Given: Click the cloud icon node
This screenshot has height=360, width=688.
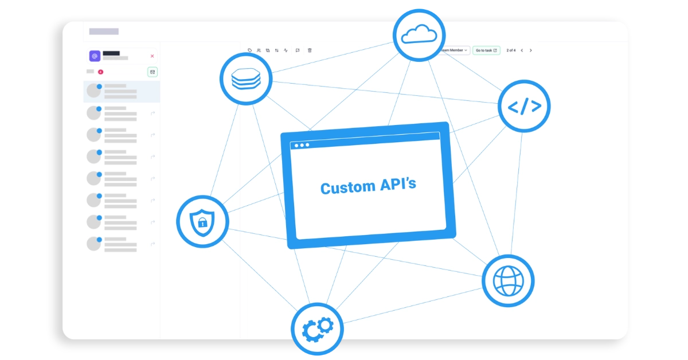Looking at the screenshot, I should point(418,35).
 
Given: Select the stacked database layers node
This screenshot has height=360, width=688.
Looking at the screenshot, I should point(246,79).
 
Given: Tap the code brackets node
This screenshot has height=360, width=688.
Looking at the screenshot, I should point(524,106).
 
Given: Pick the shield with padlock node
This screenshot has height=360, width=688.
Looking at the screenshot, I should point(202,221).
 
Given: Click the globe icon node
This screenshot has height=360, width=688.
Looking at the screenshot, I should point(508,280).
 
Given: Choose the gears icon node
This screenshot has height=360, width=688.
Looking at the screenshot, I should point(317,328).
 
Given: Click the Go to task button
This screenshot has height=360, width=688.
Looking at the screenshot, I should point(486,50).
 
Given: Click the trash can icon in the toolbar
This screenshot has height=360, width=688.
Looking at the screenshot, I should point(310,50).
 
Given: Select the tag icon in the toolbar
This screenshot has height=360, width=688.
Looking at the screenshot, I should point(250,50).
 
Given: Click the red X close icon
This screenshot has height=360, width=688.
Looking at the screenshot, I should point(152,56).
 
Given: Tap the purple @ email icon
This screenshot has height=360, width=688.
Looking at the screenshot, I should point(95,56).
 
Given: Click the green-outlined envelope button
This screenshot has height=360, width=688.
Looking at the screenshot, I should point(152,72).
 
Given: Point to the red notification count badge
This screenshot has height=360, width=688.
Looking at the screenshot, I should point(100,72).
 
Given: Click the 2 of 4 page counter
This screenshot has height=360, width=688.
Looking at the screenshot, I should point(511,50).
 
